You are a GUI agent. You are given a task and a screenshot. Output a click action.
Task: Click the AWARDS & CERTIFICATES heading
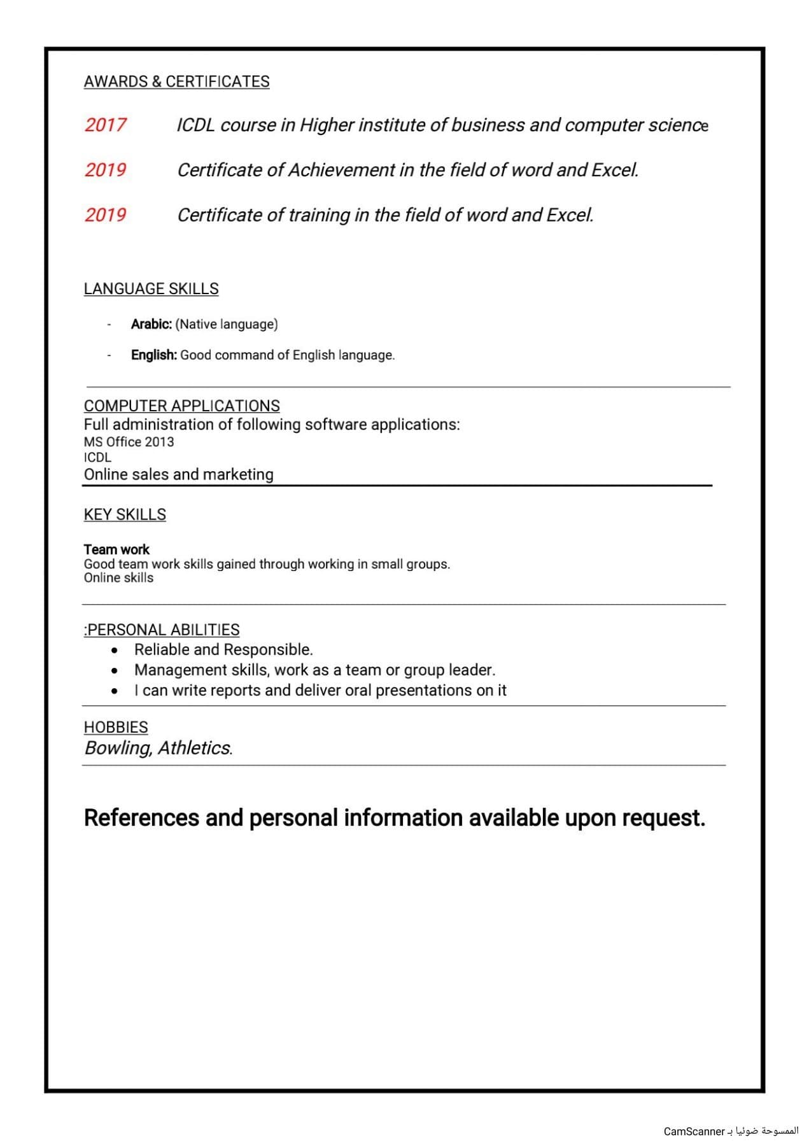[x=176, y=81]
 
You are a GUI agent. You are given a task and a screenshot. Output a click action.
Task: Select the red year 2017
[x=105, y=125]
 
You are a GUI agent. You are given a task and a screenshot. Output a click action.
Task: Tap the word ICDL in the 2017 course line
[x=195, y=125]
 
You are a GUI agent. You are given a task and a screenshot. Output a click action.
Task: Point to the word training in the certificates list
[x=319, y=215]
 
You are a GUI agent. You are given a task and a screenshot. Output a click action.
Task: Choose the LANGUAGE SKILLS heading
[x=151, y=288]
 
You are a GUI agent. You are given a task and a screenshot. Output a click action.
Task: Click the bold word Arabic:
[x=151, y=324]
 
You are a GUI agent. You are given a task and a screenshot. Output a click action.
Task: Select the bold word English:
[x=154, y=355]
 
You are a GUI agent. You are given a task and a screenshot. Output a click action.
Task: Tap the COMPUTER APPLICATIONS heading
[x=181, y=406]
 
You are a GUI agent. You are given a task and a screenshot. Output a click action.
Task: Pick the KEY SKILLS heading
[x=125, y=514]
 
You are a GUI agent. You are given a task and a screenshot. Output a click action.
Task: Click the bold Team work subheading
[x=116, y=549]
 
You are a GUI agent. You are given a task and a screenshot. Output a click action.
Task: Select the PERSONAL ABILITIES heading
[x=163, y=630]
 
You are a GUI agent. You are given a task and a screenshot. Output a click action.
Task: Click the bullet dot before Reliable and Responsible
[x=115, y=651]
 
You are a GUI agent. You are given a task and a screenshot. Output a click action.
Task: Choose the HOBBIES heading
[x=116, y=727]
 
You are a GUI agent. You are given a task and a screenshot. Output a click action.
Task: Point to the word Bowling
[x=118, y=747]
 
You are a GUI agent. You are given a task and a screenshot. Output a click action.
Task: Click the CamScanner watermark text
[x=694, y=1131]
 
